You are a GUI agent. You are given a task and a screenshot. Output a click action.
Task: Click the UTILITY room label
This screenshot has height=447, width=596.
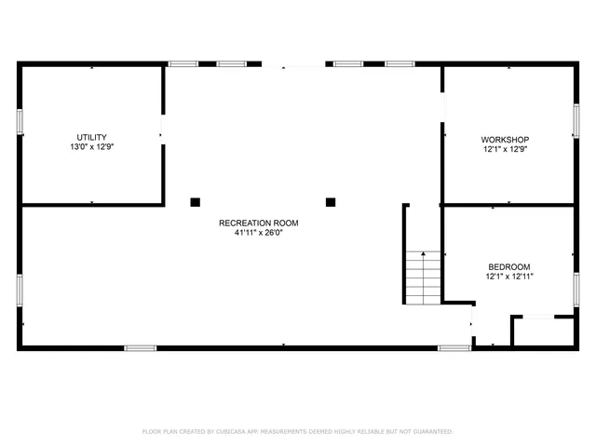[91, 137]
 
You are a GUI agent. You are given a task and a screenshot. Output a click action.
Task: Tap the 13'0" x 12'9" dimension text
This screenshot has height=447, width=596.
[91, 147]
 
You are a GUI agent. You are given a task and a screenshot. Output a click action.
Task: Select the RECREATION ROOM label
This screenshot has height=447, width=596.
[258, 223]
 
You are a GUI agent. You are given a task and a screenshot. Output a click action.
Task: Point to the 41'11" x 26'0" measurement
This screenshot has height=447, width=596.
[258, 233]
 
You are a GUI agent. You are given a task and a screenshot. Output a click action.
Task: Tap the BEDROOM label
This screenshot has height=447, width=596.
[508, 266]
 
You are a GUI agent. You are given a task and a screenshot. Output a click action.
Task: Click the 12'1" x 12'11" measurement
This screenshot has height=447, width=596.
[508, 277]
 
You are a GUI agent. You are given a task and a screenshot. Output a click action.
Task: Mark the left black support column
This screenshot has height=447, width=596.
[195, 201]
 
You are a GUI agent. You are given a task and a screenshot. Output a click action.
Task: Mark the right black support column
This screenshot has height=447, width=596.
[330, 201]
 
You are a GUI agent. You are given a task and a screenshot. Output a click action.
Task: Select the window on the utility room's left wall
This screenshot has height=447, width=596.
[20, 121]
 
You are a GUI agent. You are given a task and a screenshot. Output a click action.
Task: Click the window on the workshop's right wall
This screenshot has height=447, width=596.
[576, 121]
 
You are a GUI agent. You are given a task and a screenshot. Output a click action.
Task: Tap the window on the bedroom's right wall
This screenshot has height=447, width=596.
[576, 290]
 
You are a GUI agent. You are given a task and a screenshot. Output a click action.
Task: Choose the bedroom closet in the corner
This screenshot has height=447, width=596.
[542, 332]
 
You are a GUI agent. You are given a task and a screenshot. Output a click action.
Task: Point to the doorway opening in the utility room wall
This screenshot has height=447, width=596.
[164, 129]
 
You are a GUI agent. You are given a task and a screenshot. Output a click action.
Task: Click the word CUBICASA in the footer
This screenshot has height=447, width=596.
[237, 432]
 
